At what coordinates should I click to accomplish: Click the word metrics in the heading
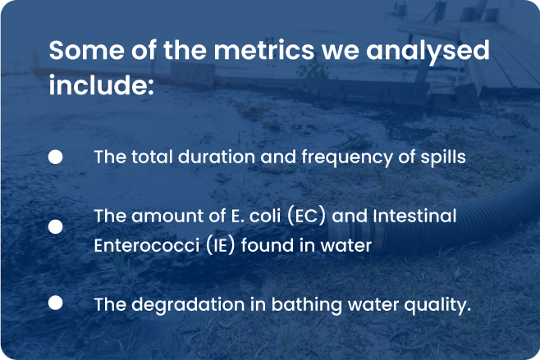point(264,50)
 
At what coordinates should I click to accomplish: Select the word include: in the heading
point(101,84)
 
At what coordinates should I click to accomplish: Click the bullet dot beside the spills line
point(56,157)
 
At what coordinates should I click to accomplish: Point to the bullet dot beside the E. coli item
point(56,227)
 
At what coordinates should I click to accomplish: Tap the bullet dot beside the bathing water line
point(56,303)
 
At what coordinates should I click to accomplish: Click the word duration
point(217,157)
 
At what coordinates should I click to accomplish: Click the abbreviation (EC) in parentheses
point(306,216)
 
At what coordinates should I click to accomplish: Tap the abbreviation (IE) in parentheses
point(221,245)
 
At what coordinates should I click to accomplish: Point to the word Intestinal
point(414,216)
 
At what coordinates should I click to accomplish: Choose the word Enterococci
point(147,245)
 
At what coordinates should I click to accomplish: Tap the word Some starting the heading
point(86,50)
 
